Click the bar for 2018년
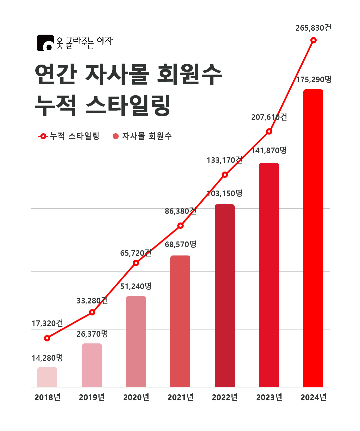[47, 377]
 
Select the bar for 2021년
[180, 321]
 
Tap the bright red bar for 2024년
[313, 238]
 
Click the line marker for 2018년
[47, 338]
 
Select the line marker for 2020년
[136, 263]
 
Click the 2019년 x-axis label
[92, 397]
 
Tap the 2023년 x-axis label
[269, 397]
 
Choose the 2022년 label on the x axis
[225, 397]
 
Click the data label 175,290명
[314, 80]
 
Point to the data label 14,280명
[47, 358]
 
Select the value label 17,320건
[47, 323]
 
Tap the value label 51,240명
[136, 286]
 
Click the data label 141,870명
[269, 151]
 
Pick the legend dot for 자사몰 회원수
[116, 136]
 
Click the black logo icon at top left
[45, 43]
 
